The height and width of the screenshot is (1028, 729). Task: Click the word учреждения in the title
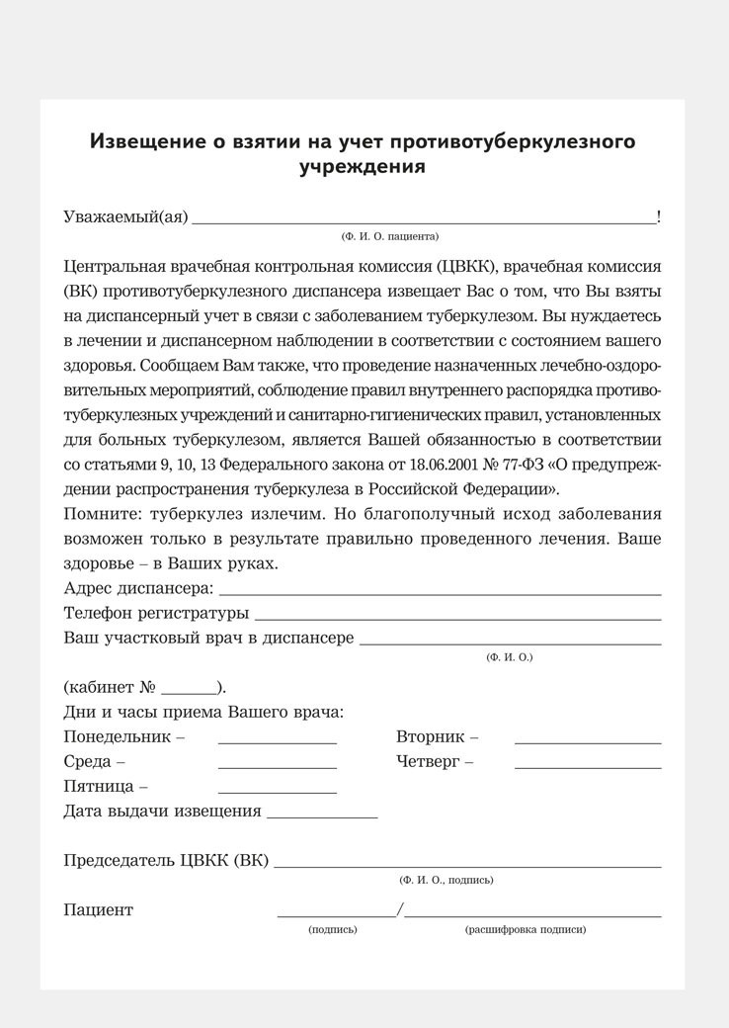363,166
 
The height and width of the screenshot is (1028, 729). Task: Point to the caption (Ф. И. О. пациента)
389,236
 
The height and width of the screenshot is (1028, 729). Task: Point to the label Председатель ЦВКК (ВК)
165,861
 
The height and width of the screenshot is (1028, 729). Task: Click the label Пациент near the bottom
98,910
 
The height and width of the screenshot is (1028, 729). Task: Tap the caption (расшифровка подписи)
525,930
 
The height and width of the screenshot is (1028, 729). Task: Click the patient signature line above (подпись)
336,915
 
